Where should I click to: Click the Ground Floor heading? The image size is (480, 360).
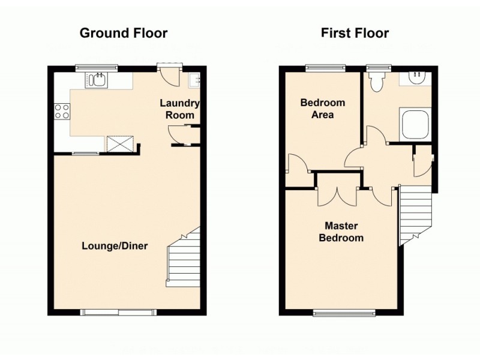point(124,33)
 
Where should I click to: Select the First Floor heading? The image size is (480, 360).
point(355,33)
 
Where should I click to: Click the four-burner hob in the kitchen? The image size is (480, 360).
point(62,111)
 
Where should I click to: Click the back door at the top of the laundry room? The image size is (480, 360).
point(167,74)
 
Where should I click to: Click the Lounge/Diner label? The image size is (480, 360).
point(115,246)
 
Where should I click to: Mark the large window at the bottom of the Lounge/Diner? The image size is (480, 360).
point(119,312)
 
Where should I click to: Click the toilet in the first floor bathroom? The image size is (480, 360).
point(377,82)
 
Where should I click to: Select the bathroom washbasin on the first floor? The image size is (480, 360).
point(416,78)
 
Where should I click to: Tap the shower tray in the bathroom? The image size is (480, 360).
point(415,124)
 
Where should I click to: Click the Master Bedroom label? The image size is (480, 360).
point(341,232)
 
